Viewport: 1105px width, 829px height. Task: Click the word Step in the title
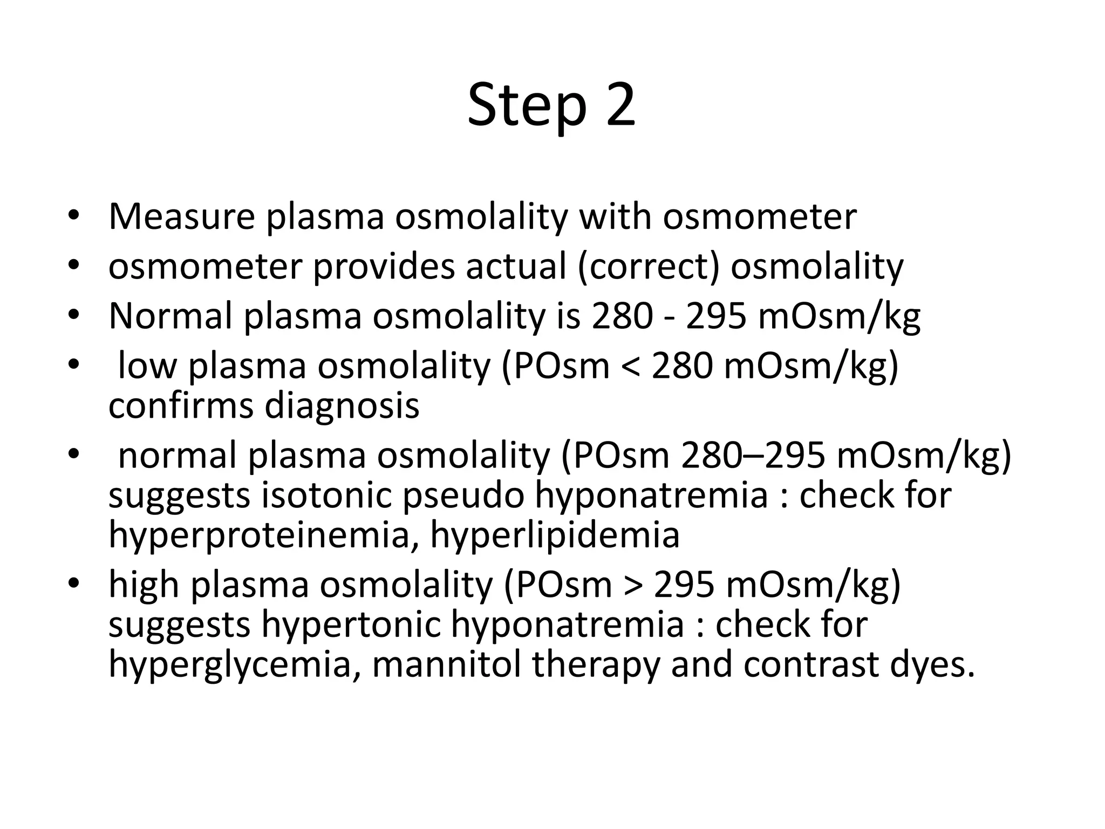[526, 105]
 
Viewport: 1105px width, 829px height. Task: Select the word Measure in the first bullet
[181, 216]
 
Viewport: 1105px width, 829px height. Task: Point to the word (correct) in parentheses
[649, 267]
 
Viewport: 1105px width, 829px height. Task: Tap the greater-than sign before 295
[633, 585]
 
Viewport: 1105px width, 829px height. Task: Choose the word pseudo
[463, 496]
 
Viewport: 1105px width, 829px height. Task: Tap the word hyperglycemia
[230, 665]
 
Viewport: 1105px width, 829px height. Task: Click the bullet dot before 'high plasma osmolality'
[74, 583]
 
